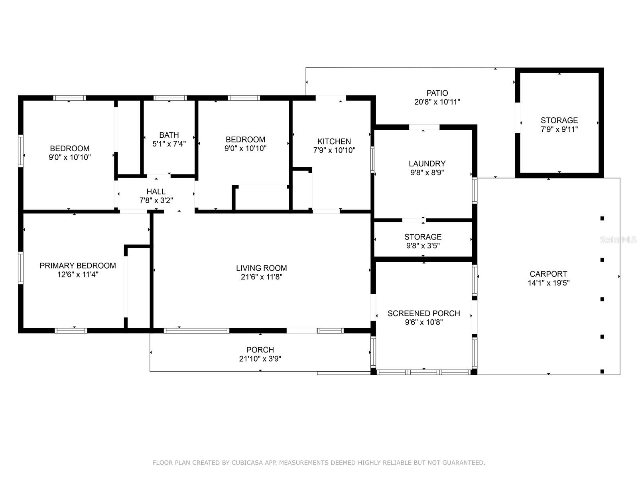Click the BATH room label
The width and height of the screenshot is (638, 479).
click(169, 135)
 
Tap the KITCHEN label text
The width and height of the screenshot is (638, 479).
click(334, 141)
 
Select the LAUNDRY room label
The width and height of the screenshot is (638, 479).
click(427, 163)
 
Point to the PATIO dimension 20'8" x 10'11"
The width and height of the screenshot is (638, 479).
click(437, 102)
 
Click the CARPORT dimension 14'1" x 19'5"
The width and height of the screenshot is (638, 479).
click(548, 283)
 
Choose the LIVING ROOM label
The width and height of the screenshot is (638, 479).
click(261, 268)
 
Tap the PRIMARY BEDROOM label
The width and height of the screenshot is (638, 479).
click(78, 265)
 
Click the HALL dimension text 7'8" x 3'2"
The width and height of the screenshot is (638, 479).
click(156, 200)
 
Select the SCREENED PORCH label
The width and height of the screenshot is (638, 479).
click(424, 313)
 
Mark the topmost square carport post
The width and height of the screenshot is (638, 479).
click(602, 218)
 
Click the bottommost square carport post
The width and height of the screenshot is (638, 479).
click(602, 371)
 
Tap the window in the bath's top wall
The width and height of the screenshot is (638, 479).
click(170, 98)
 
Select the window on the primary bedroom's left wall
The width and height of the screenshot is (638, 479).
click(21, 268)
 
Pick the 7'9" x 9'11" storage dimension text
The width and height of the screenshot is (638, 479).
click(559, 129)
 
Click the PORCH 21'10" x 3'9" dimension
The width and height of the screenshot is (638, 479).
click(260, 358)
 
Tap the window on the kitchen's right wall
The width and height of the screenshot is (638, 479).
click(372, 160)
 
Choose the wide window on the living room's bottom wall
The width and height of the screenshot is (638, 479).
click(197, 331)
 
